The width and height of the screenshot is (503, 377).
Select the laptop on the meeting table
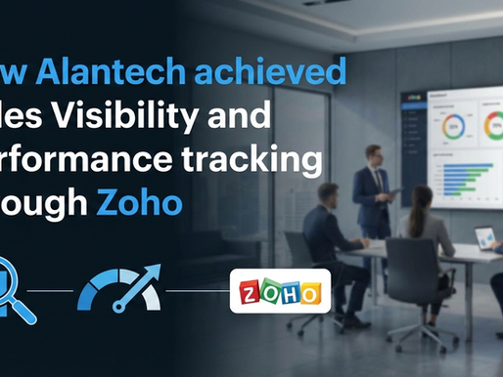tap(484, 237)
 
